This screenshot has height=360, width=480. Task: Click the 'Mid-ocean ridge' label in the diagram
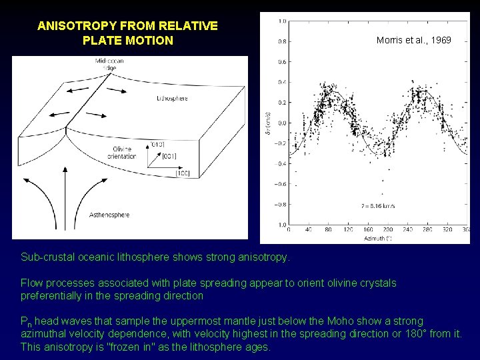click(x=109, y=65)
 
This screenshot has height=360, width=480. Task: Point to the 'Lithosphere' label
click(x=172, y=99)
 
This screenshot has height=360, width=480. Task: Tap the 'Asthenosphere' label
click(x=109, y=215)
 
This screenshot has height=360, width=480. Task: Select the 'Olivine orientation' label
click(x=121, y=153)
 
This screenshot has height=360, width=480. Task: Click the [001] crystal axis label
click(x=170, y=156)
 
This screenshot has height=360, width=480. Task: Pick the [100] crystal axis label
click(x=183, y=173)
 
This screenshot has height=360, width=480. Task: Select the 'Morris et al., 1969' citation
click(x=413, y=40)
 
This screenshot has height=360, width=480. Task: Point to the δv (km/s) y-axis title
click(x=268, y=123)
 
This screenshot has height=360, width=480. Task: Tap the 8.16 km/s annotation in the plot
click(x=379, y=207)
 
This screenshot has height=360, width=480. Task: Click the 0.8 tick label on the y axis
click(x=282, y=41)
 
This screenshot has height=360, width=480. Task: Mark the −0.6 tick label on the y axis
click(x=281, y=184)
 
